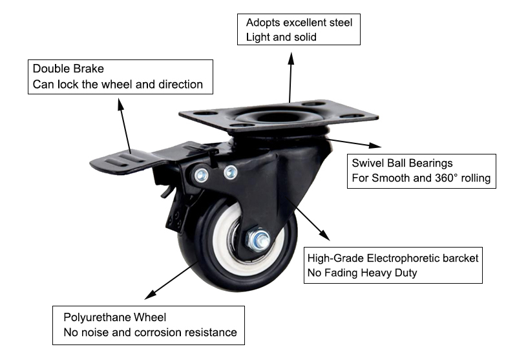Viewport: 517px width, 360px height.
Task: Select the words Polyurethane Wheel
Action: [114, 317]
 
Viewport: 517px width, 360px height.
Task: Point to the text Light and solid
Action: [281, 37]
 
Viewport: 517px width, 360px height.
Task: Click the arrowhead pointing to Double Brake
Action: [121, 103]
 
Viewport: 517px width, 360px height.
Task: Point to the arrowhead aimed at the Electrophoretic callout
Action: [321, 234]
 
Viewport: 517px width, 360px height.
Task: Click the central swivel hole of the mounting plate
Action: [278, 117]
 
